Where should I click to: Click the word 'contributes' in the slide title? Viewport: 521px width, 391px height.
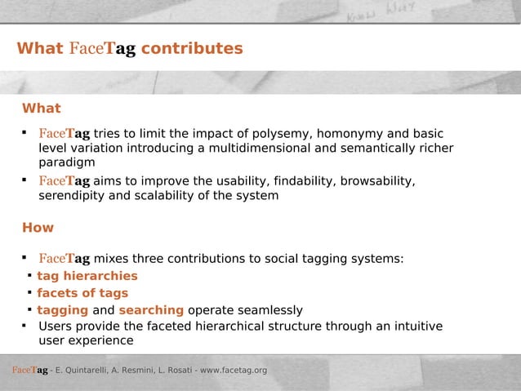pyautogui.click(x=191, y=49)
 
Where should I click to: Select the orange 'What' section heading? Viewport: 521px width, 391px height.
pyautogui.click(x=41, y=109)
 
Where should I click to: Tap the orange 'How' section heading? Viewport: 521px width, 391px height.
pyautogui.click(x=38, y=228)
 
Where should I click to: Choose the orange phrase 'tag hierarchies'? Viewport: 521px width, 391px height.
pyautogui.click(x=87, y=276)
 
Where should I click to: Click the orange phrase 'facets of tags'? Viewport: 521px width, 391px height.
pyautogui.click(x=82, y=293)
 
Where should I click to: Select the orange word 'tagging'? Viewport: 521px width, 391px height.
pyautogui.click(x=62, y=310)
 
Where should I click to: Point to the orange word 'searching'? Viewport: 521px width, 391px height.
pyautogui.click(x=151, y=310)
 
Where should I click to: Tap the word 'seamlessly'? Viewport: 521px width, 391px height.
pyautogui.click(x=269, y=310)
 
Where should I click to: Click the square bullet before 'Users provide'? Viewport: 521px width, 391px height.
pyautogui.click(x=25, y=326)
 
